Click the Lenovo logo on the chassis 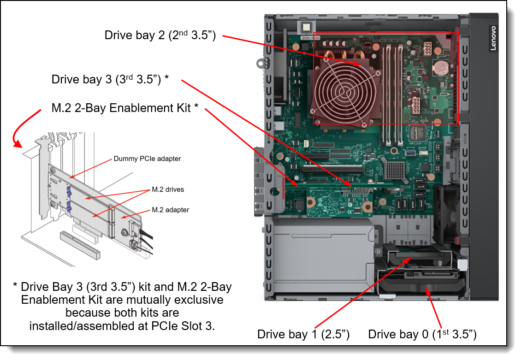[492, 38]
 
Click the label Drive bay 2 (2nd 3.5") [160, 35]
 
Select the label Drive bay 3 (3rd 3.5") [110, 79]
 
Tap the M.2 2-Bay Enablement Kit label [125, 108]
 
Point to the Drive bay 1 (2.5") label [303, 335]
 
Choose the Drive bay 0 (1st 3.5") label [422, 335]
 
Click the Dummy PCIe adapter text [147, 159]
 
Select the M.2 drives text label [168, 189]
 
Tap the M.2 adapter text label [171, 210]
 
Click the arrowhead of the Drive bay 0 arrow [427, 289]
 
